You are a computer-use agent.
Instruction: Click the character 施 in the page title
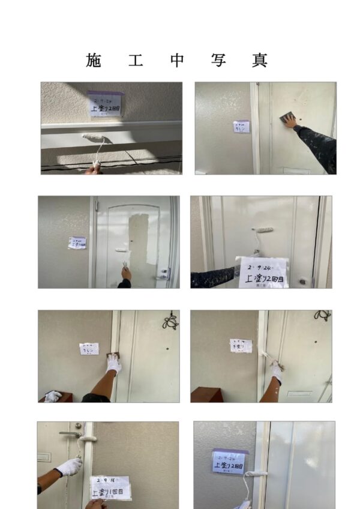[x=94, y=60]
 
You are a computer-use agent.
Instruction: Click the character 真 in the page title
[x=260, y=60]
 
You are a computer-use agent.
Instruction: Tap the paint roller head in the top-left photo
[x=93, y=138]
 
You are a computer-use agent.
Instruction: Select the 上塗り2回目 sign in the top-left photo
[x=106, y=104]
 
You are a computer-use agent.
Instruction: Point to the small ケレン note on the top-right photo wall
[x=241, y=127]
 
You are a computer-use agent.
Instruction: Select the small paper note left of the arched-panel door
[x=77, y=242]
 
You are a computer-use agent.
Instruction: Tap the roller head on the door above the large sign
[x=262, y=230]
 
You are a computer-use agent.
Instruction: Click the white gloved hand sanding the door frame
[x=114, y=363]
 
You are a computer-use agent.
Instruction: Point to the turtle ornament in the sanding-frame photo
[x=170, y=321]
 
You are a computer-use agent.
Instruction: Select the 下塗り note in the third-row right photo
[x=241, y=346]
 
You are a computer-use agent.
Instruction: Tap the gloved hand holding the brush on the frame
[x=276, y=371]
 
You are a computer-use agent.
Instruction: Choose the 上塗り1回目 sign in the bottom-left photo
[x=110, y=487]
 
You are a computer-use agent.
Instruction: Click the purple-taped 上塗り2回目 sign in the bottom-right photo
[x=229, y=461]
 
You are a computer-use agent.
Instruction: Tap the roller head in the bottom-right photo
[x=256, y=474]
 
